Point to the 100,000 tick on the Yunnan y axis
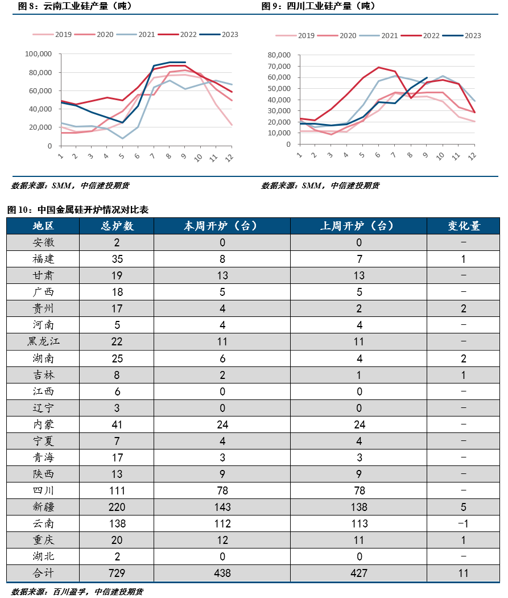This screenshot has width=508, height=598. coord(39,54)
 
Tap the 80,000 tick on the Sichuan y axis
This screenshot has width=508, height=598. coord(279,55)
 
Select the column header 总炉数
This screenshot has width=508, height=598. coord(117,226)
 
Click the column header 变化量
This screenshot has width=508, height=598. coord(464,226)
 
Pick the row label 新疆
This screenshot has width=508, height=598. coord(43,507)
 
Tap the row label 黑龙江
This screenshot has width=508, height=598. coord(43,341)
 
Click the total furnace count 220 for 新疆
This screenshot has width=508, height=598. coord(117,507)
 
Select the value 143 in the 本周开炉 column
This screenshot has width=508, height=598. coord(222,507)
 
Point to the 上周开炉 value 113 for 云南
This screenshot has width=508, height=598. coord(358,523)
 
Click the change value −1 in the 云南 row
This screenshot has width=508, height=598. coord(464,523)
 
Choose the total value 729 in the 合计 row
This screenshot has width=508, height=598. coord(117,573)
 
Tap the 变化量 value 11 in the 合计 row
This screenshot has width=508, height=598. coord(464,573)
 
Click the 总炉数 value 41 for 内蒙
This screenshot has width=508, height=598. coord(117,424)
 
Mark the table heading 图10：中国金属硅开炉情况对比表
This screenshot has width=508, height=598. coord(78,210)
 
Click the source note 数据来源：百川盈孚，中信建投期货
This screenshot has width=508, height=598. coord(77,592)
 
